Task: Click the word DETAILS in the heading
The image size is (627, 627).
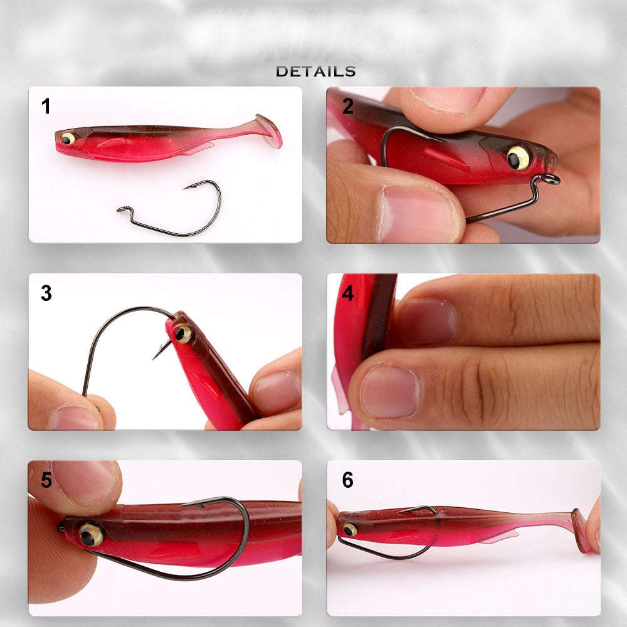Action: coord(315,71)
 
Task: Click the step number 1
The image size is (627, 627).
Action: coord(46,107)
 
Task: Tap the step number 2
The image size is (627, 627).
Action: coord(348,107)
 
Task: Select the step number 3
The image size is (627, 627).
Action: coord(46,293)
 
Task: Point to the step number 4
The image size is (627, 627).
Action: coord(348,293)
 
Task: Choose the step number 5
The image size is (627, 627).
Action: coord(46,480)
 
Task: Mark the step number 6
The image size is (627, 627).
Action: coord(348,480)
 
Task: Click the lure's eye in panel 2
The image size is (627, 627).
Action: coord(518,157)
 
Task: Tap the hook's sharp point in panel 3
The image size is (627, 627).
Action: coord(154,357)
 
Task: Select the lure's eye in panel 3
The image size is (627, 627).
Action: coord(182,334)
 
